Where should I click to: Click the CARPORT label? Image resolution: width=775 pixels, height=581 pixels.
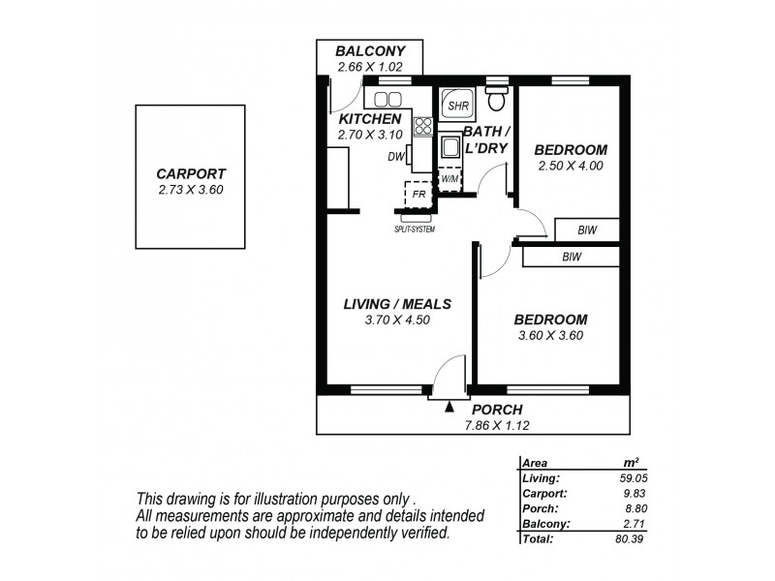190,174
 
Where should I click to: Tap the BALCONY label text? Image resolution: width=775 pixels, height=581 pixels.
369,51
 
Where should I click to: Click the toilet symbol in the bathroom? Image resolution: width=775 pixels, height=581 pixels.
497,100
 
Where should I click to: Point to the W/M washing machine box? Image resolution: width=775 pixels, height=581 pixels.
449,179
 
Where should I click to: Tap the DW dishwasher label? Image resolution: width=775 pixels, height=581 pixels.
395,157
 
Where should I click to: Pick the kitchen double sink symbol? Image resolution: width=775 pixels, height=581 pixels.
387,99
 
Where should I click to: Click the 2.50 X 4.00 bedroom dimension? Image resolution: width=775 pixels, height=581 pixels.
571,166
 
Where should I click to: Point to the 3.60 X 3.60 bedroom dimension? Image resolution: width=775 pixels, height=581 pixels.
550,336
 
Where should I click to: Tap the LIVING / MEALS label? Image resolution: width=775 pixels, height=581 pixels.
397,304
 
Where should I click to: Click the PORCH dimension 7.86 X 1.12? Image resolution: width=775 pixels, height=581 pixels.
500,424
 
